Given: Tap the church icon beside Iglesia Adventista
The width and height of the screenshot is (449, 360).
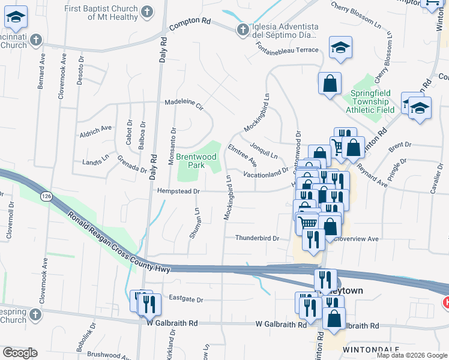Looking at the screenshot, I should [x=243, y=29].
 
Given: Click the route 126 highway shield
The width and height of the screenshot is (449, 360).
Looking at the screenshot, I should [x=46, y=196].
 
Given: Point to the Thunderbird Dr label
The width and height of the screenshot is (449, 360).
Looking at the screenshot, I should [x=257, y=238].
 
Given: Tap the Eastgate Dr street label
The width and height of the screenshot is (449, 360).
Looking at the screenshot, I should [x=186, y=299].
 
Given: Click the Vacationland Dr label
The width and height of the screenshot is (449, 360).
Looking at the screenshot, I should [x=266, y=174].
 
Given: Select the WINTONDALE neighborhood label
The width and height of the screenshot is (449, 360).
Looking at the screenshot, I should [x=363, y=349].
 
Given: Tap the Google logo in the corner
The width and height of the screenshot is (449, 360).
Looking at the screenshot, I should [x=20, y=353].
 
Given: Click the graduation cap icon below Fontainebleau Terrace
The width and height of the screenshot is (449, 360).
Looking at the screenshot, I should [x=340, y=47].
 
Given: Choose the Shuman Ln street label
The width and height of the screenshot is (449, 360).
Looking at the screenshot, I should [x=194, y=224].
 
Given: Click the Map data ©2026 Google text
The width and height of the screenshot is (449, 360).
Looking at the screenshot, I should [x=411, y=355].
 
